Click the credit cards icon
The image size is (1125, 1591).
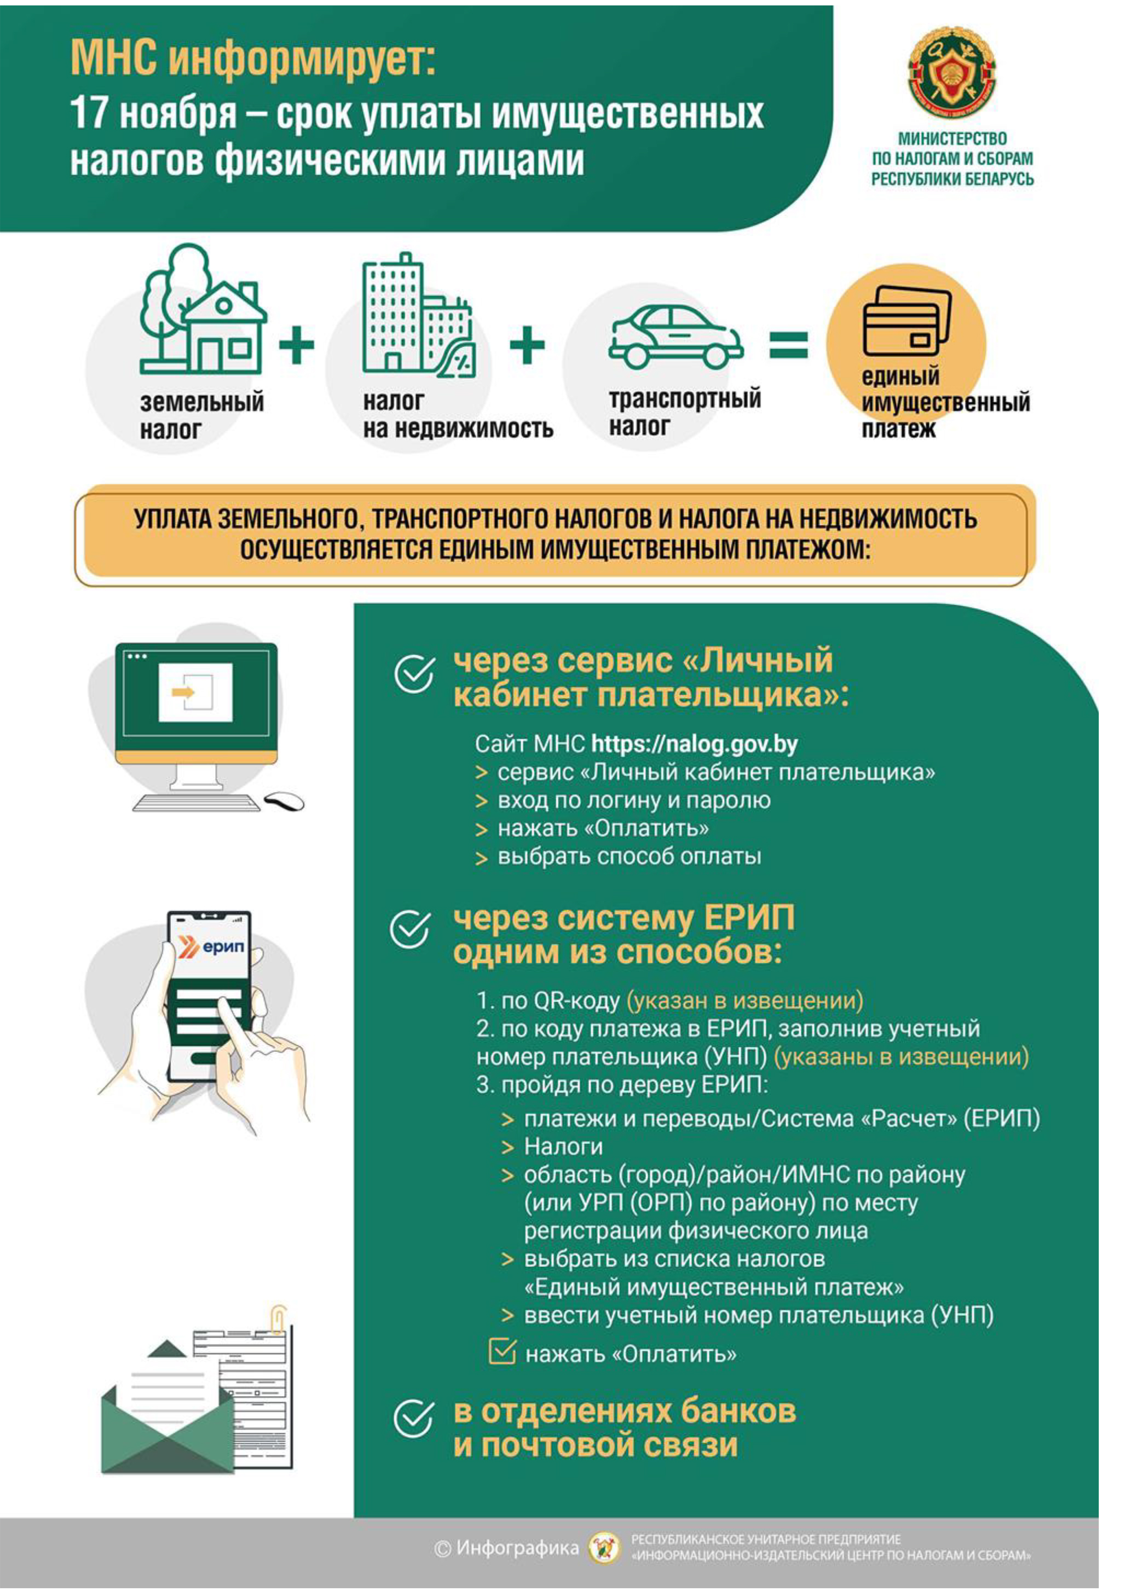pyautogui.click(x=906, y=321)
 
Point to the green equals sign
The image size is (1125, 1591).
pyautogui.click(x=788, y=344)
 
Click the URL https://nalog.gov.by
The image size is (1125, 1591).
pyautogui.click(x=695, y=745)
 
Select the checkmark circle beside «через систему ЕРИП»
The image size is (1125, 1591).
pyautogui.click(x=411, y=929)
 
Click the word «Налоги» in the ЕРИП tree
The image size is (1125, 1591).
pyautogui.click(x=563, y=1147)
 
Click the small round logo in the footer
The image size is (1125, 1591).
pyautogui.click(x=604, y=1547)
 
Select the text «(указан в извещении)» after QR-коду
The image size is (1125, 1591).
pyautogui.click(x=745, y=1000)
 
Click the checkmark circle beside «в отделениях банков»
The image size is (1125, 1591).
pyautogui.click(x=414, y=1418)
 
